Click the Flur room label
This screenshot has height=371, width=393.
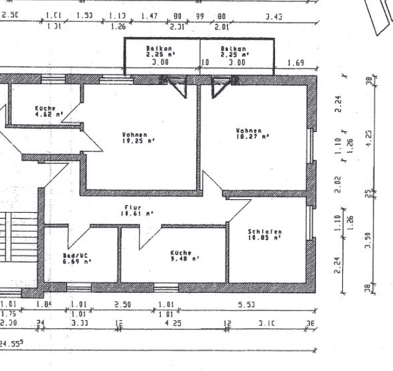click(x=132, y=208)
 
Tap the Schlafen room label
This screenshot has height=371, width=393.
click(x=265, y=232)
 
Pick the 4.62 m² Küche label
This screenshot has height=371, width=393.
click(x=49, y=114)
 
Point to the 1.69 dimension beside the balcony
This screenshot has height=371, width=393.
click(x=295, y=62)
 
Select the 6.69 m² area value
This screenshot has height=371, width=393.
click(x=77, y=262)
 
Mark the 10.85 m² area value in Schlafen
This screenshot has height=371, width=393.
click(x=265, y=238)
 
